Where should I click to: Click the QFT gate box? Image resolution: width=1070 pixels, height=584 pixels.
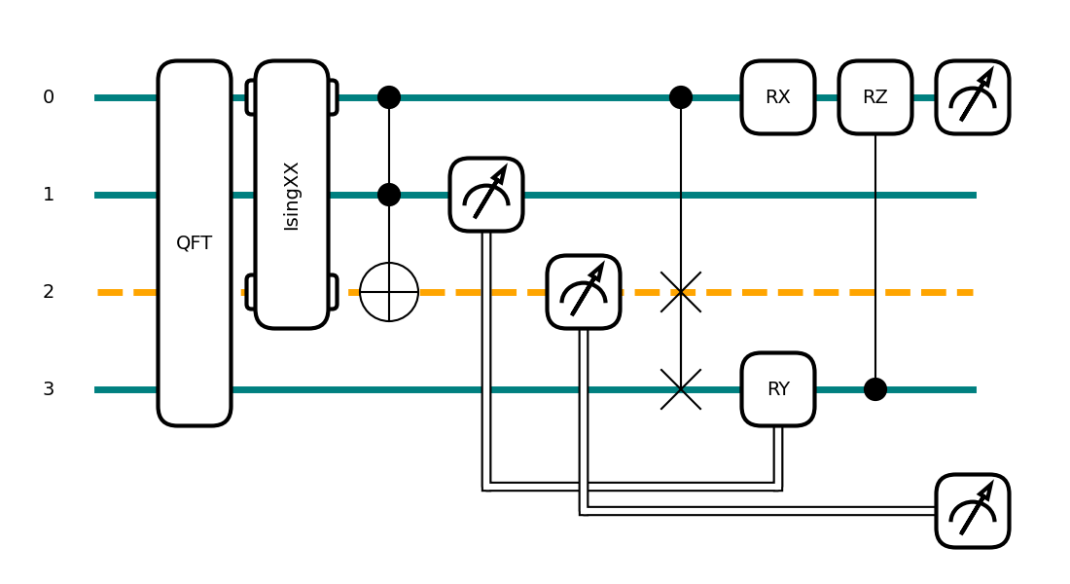pos(195,243)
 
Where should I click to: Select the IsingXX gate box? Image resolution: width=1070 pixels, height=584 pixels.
pos(292,195)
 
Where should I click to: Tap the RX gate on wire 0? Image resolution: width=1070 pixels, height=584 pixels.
pos(778,97)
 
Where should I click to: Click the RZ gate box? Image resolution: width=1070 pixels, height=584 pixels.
pos(875,97)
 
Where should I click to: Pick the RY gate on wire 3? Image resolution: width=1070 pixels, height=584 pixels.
pos(778,389)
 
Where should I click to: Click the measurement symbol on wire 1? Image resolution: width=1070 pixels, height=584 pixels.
pos(486,195)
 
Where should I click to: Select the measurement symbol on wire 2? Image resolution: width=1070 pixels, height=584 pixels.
pos(584,292)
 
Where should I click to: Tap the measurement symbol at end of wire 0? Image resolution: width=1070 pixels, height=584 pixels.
pos(973,97)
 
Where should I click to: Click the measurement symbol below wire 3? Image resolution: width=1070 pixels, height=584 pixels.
pos(973,511)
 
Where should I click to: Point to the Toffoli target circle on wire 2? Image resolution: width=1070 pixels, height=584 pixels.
pos(389,292)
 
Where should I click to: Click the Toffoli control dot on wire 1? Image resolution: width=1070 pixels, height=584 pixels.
pos(389,195)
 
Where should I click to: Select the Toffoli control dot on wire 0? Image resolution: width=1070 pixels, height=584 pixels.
pos(389,97)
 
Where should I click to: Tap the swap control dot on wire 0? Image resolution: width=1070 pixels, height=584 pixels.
pos(681,97)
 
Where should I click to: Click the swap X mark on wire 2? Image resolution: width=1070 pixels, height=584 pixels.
pos(681,292)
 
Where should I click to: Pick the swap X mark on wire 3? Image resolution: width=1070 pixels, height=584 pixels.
pos(681,389)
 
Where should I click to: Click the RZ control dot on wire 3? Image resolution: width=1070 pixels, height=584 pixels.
pos(875,389)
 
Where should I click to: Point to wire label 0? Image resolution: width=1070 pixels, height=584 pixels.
pos(49,97)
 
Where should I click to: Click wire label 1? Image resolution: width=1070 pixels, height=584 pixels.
pos(49,195)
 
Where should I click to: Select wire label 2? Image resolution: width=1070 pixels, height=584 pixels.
pos(49,292)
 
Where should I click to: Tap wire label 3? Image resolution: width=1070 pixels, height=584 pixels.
pos(49,389)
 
